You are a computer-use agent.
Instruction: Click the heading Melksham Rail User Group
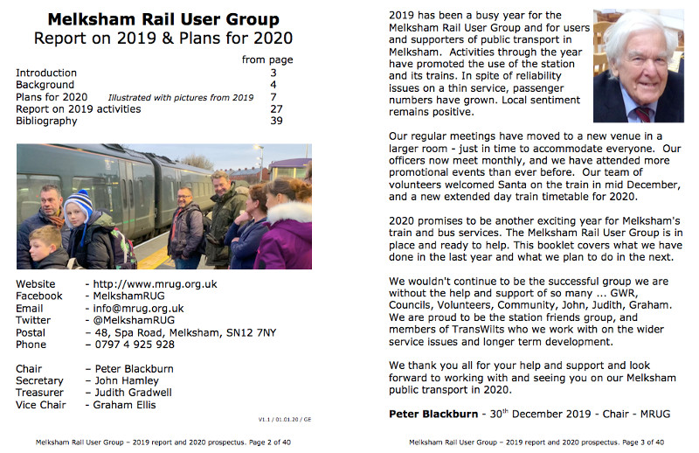[163, 18]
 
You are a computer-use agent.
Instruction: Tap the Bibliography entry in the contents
[46, 121]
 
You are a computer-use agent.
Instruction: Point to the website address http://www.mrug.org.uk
[155, 284]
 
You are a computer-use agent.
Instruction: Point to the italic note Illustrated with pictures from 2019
[180, 97]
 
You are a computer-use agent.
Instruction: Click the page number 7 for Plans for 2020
[273, 96]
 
